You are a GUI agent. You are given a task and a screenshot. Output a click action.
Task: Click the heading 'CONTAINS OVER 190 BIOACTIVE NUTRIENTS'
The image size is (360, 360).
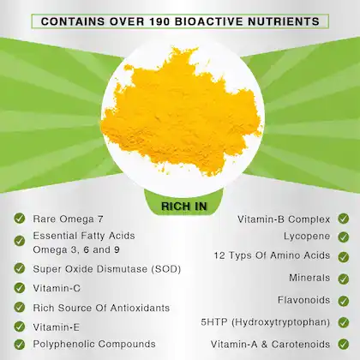[180, 21]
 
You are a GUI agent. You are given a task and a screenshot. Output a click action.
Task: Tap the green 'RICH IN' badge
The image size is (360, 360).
[179, 206]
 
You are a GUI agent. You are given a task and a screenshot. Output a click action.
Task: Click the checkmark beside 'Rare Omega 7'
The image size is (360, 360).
[19, 219]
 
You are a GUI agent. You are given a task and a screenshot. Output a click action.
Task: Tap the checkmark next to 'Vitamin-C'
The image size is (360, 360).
[19, 287]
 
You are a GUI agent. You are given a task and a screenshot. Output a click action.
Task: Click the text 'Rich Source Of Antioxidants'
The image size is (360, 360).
[101, 307]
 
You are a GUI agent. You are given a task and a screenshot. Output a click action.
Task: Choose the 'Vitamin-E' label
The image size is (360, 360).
[57, 327]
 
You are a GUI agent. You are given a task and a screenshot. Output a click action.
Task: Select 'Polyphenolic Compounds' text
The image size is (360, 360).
[94, 344]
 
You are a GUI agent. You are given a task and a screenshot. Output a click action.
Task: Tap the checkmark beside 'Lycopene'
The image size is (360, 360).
[342, 236]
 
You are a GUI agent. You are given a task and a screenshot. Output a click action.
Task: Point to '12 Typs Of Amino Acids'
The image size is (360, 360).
[271, 255]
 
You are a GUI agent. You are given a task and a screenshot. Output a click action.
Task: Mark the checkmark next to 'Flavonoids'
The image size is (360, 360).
[342, 300]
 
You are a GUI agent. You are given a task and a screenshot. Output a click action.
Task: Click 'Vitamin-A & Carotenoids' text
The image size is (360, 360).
[270, 344]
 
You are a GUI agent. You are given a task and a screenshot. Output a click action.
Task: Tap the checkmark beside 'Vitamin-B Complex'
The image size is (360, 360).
[342, 219]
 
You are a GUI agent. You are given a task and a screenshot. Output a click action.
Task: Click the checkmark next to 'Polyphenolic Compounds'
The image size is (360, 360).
[19, 344]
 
